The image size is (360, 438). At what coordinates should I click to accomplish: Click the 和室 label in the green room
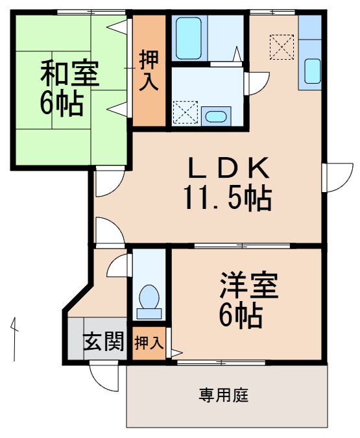click(70, 74)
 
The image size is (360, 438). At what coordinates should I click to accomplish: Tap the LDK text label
click(228, 170)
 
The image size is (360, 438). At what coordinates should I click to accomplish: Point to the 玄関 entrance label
click(104, 341)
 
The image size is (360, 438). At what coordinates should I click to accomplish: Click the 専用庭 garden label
click(223, 395)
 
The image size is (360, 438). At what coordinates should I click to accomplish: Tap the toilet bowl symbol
click(150, 299)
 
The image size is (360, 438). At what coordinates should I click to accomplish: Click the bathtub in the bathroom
click(189, 31)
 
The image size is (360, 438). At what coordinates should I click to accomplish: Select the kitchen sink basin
click(311, 70)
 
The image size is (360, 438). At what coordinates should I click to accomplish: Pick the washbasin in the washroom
click(214, 117)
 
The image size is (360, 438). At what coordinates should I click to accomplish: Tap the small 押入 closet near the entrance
click(149, 343)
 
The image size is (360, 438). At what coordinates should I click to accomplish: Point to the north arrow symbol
click(14, 337)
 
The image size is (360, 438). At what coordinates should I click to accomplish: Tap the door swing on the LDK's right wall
click(334, 176)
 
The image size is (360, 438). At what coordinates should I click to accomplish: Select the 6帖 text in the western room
click(240, 315)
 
